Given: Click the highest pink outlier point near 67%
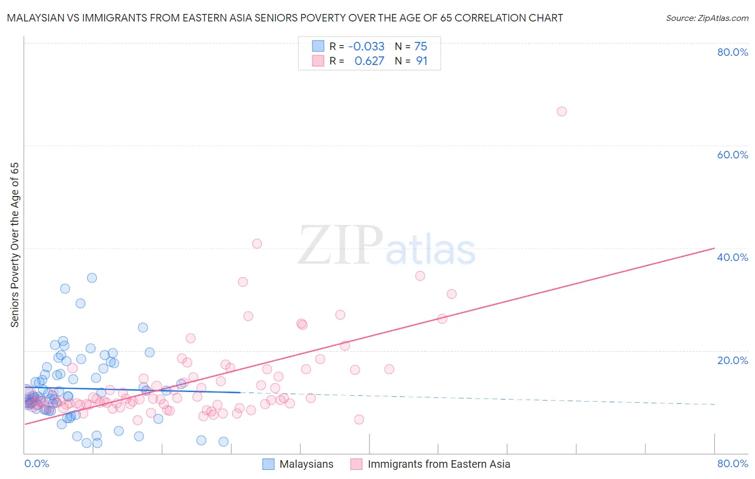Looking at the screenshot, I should (x=562, y=112).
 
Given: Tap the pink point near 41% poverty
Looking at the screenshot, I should (x=257, y=244).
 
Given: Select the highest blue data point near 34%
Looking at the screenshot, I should (x=92, y=278).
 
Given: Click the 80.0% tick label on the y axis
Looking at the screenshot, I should (x=732, y=52).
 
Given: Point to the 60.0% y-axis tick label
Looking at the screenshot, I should (x=732, y=155).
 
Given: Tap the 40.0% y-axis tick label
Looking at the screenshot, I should (x=732, y=257).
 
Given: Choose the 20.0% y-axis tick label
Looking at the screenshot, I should (x=732, y=360).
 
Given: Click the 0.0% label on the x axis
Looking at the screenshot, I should (x=37, y=463).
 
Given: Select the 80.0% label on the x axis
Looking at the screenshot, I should (x=732, y=463).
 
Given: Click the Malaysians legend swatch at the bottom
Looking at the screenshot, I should (x=268, y=464).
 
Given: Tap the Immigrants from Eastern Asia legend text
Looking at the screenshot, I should (x=439, y=464).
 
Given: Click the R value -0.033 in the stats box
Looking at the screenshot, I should (x=366, y=47).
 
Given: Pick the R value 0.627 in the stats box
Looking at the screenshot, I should (x=369, y=61).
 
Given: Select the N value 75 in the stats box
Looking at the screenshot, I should (x=421, y=47).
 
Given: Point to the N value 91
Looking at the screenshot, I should (x=422, y=61).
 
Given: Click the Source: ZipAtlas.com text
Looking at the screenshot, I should (x=707, y=18).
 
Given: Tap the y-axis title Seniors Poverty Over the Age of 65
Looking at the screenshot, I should (x=15, y=245).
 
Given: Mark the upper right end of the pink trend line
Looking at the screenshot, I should (x=714, y=248).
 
